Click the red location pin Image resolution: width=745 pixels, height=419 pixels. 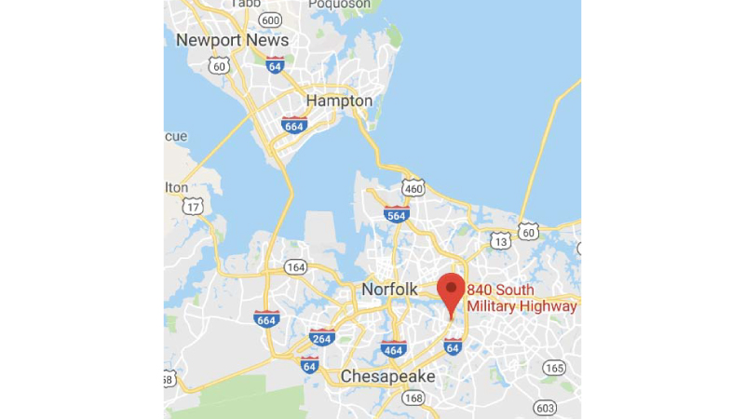click(452, 292)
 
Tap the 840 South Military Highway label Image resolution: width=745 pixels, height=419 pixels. click(522, 298)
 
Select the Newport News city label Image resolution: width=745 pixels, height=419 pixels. click(232, 40)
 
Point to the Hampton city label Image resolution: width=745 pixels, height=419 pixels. click(339, 101)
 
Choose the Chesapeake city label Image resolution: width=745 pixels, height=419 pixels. click(387, 376)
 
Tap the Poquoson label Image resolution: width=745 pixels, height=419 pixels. click(341, 4)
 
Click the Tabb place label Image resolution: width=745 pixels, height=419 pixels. click(245, 4)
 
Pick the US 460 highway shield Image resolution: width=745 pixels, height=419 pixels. click(413, 187)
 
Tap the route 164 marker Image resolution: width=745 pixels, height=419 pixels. click(295, 268)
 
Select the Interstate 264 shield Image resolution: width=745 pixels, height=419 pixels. click(322, 337)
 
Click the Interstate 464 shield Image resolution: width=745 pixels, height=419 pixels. click(393, 350)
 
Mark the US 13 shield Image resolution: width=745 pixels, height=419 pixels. click(501, 240)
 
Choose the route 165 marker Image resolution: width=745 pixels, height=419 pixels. click(555, 368)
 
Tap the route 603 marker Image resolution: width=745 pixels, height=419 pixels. click(546, 408)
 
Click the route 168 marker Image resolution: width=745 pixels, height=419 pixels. click(413, 399)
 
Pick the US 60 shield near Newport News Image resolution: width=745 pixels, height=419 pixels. click(220, 65)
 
